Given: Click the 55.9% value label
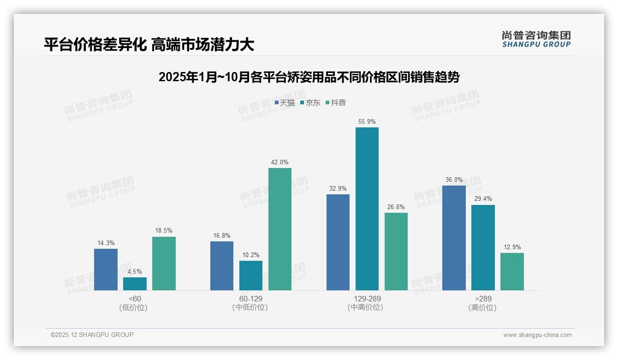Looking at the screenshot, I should [x=367, y=122].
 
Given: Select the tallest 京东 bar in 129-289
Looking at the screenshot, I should [x=367, y=209].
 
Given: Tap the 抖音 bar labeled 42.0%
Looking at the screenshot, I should [x=279, y=229].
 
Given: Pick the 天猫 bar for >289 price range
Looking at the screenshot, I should [x=454, y=238].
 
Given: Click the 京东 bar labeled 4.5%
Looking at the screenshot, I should [x=135, y=283].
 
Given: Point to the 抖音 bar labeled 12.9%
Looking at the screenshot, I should [x=512, y=271].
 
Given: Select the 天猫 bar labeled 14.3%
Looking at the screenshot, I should [x=106, y=269].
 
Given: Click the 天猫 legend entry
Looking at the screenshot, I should [x=285, y=103].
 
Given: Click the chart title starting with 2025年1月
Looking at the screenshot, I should [x=309, y=77].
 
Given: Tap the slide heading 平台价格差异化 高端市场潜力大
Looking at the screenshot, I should [x=149, y=44].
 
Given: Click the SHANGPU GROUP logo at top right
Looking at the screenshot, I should [x=536, y=39].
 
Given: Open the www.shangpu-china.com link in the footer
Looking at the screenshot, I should [x=537, y=335].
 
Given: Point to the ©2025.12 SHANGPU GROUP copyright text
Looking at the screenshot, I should [x=92, y=335].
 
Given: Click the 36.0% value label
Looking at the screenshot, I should [x=454, y=180].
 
